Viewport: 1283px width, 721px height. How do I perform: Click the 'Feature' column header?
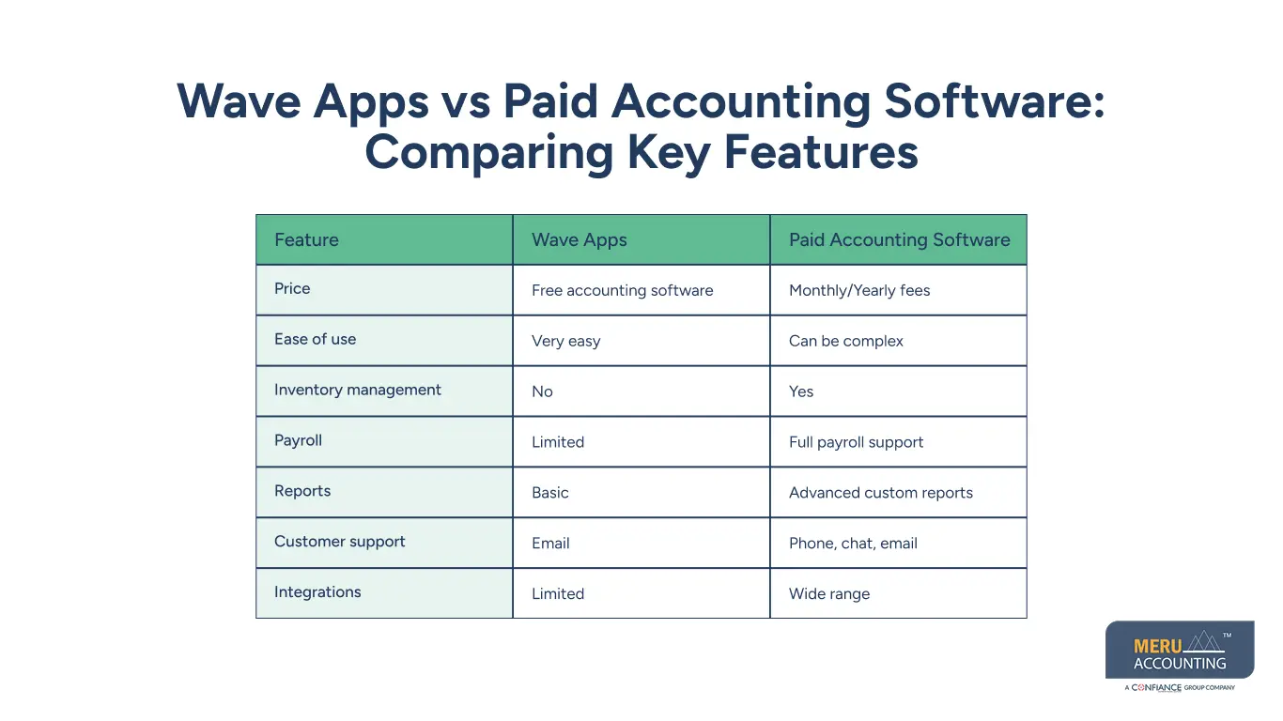click(306, 239)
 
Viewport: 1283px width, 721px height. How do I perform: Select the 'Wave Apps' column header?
click(579, 239)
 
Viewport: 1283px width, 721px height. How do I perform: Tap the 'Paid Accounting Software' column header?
click(899, 239)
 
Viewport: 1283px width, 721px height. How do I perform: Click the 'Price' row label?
click(292, 289)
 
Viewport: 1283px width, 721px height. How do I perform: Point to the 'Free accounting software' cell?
click(622, 291)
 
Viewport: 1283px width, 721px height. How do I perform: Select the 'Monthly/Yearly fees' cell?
click(858, 291)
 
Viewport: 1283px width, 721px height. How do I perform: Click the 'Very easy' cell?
click(565, 342)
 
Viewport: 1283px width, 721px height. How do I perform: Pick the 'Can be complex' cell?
click(845, 342)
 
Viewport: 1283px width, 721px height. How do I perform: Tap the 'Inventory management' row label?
click(357, 391)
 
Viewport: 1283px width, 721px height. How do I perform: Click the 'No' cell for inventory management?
click(542, 392)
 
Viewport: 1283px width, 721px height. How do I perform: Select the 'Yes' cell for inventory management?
click(801, 392)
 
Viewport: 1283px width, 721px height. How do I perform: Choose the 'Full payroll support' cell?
click(856, 442)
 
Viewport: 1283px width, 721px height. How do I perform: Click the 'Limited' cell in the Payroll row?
click(558, 442)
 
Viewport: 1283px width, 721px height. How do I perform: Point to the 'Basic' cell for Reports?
click(549, 493)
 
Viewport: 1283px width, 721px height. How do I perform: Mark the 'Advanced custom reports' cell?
click(880, 493)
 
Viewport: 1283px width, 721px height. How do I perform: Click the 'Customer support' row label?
click(339, 542)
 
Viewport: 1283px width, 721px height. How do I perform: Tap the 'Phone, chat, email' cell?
click(853, 544)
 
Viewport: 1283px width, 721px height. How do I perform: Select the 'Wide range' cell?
click(828, 594)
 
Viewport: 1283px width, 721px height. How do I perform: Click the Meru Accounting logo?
click(1179, 651)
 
